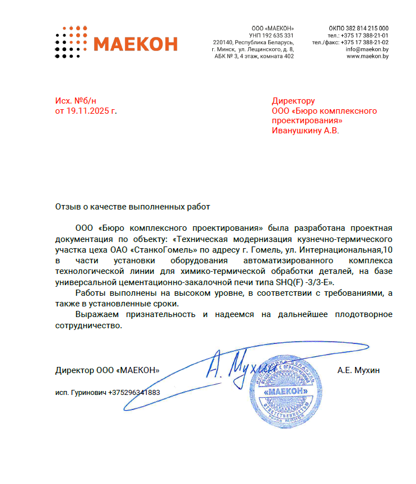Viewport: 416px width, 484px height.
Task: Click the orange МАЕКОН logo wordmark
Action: point(135,44)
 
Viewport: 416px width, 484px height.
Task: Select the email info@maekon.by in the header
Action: point(367,49)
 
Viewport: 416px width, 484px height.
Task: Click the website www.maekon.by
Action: point(367,56)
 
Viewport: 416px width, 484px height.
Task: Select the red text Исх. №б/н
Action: point(72,101)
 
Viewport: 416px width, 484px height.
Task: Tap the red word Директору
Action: point(293,101)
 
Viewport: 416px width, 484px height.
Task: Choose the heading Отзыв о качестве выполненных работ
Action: point(132,207)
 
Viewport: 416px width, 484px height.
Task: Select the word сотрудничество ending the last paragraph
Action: point(88,325)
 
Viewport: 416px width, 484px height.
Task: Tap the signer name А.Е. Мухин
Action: point(359,370)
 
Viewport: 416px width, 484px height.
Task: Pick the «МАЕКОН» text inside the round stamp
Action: point(286,390)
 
